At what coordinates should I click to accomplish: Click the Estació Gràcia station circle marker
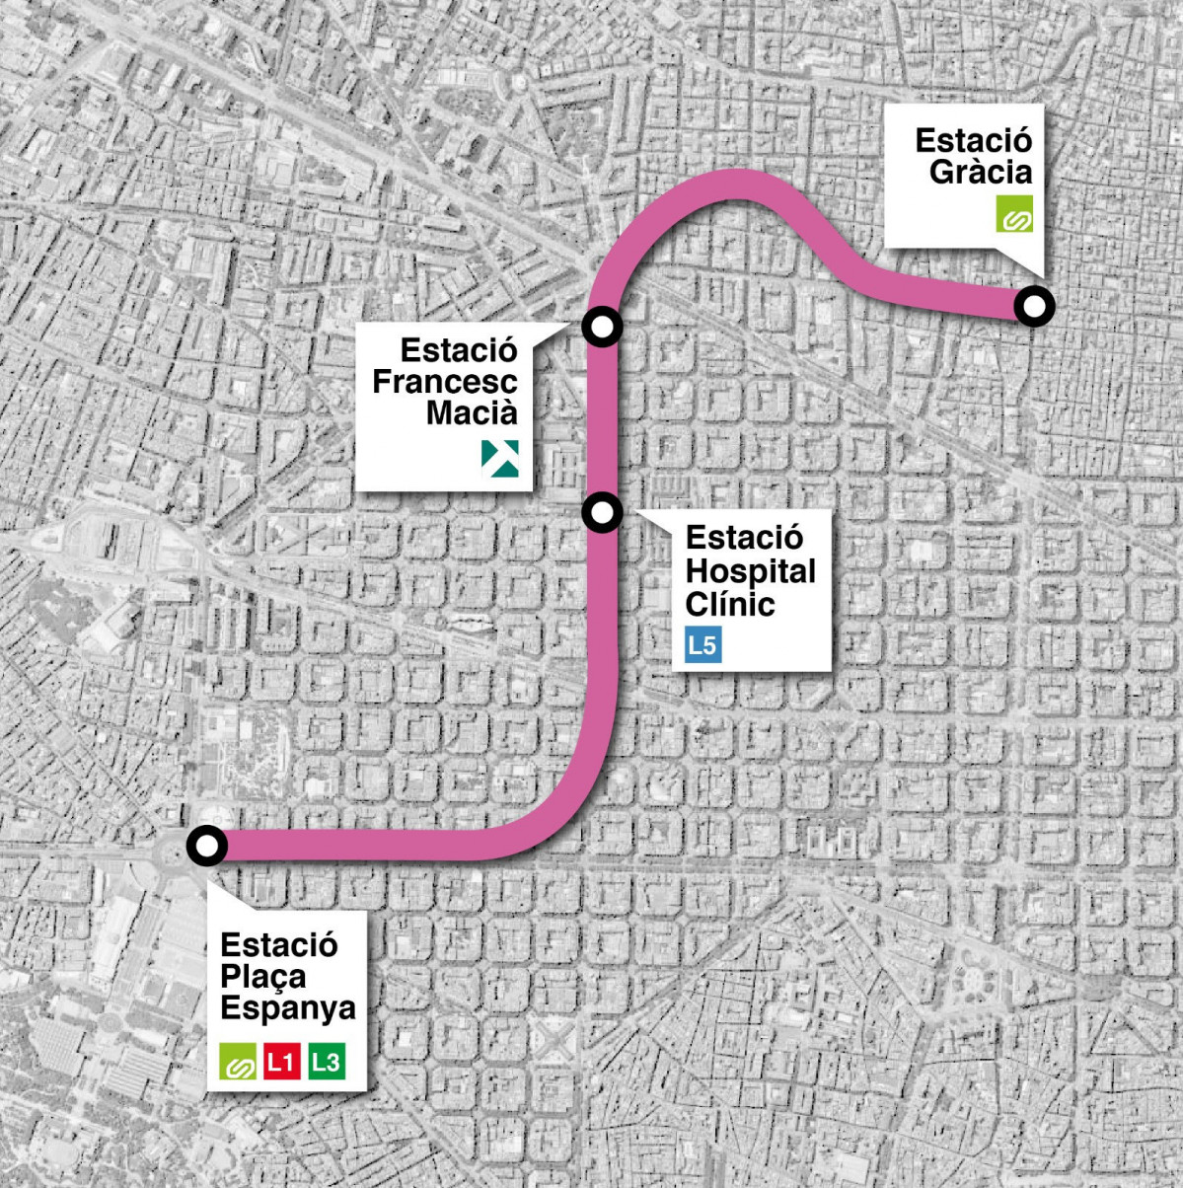(1033, 307)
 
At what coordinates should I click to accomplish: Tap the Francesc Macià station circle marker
(602, 325)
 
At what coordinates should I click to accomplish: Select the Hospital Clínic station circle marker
(602, 512)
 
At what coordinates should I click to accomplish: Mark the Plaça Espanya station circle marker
(207, 846)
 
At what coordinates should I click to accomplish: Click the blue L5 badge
(703, 645)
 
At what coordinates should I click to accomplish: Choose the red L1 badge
(281, 1063)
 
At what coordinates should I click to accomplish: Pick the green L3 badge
(327, 1063)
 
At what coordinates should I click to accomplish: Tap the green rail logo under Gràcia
(1014, 214)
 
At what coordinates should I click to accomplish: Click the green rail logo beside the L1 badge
(237, 1063)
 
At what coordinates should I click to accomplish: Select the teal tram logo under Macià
(499, 458)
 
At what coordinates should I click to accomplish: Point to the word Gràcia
(980, 172)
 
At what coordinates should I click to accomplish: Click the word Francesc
(444, 382)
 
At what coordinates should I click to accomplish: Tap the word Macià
(471, 413)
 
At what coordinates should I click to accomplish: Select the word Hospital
(750, 571)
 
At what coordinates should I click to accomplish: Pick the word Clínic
(730, 603)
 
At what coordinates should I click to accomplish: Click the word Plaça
(262, 976)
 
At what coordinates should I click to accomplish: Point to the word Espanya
(287, 1008)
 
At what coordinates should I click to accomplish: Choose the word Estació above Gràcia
(973, 140)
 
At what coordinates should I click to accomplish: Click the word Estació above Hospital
(744, 539)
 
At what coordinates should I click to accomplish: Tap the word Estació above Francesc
(459, 350)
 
